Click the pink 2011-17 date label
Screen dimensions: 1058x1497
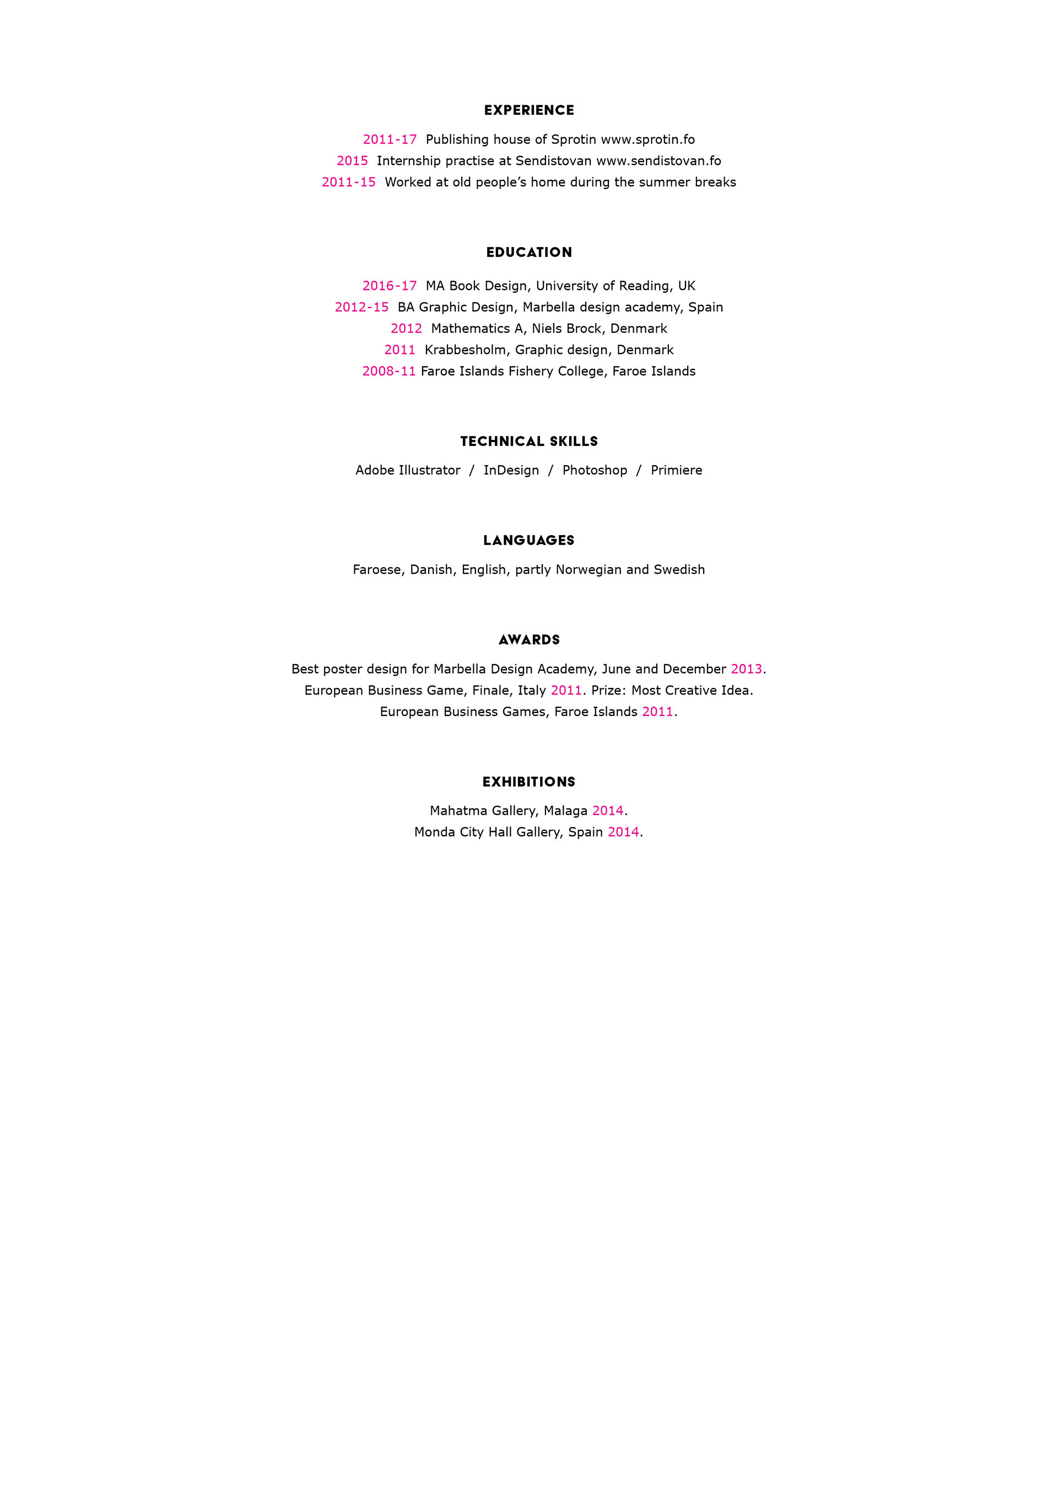click(x=389, y=139)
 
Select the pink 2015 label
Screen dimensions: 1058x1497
click(x=352, y=161)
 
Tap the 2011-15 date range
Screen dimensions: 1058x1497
click(x=349, y=182)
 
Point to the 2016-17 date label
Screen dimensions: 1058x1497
click(x=389, y=286)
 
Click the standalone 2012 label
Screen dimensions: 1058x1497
click(x=406, y=329)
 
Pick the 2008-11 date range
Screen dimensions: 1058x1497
click(x=389, y=371)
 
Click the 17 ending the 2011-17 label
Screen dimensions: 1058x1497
click(x=409, y=139)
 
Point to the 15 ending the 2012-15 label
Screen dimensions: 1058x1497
click(x=381, y=308)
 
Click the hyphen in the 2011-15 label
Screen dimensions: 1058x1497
click(x=357, y=182)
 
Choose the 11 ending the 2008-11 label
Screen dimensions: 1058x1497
click(x=409, y=371)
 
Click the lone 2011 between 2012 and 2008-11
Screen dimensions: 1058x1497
click(x=400, y=350)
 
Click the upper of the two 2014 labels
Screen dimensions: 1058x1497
click(x=608, y=810)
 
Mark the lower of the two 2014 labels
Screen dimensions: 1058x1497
click(x=623, y=832)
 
